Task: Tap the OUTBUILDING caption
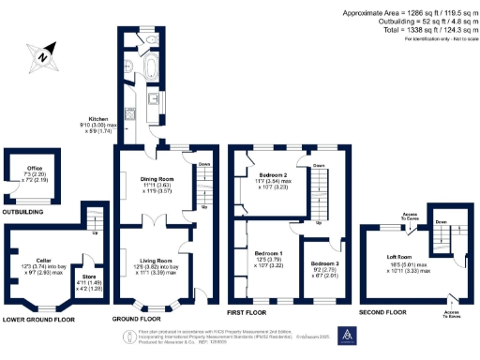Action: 26,212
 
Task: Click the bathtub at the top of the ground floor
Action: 151,67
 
